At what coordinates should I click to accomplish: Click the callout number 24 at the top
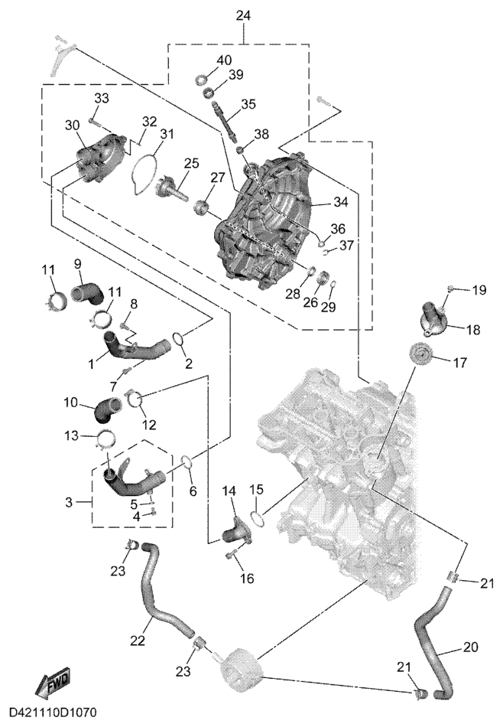[x=243, y=15]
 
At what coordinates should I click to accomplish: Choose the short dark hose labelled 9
[x=86, y=292]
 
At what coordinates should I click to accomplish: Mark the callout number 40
[x=224, y=60]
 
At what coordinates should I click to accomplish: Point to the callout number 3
[x=70, y=503]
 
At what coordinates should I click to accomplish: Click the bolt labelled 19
[x=450, y=289]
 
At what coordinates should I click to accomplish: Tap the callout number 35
[x=248, y=103]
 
